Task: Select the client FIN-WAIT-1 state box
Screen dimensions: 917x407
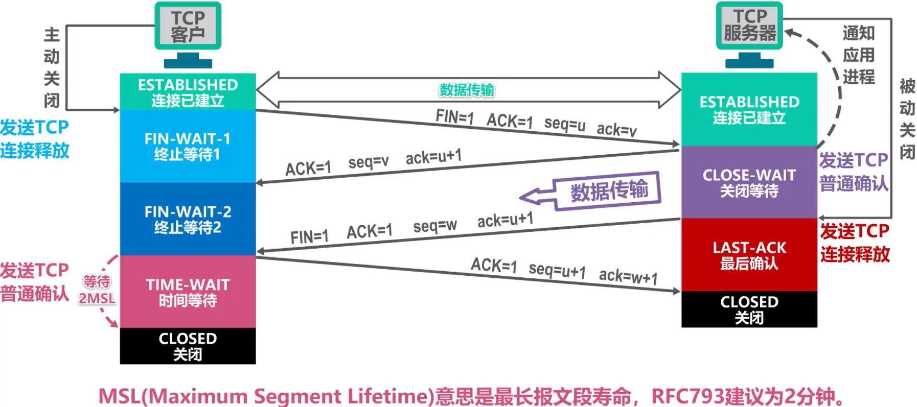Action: point(188,146)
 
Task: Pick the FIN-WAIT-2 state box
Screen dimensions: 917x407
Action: point(188,219)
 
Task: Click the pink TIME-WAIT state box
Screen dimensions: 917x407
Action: point(188,292)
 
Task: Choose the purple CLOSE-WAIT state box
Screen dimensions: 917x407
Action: point(749,182)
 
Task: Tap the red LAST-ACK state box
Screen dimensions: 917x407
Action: point(749,255)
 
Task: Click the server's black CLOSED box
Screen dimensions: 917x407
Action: point(749,309)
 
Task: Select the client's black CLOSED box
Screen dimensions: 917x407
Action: point(188,346)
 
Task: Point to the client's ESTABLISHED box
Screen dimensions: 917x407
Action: point(188,92)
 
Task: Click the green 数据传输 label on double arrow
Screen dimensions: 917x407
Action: point(467,90)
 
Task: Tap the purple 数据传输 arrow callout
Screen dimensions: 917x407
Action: point(608,190)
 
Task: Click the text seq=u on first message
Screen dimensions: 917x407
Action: point(564,123)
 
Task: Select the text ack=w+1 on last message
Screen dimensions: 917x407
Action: point(628,276)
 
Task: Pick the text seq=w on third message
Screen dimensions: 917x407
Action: point(434,226)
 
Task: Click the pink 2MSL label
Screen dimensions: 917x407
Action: point(97,298)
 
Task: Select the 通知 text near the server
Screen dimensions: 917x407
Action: point(858,33)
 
